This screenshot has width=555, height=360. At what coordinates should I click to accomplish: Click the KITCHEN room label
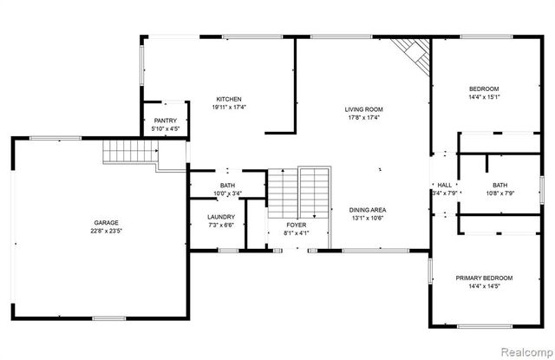pos(229,99)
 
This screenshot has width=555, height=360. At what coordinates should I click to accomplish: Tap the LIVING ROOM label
pos(364,109)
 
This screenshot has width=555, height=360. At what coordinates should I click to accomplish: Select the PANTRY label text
pos(166,121)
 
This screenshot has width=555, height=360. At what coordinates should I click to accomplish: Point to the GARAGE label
pos(107,223)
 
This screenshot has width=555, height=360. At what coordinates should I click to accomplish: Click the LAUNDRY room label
pos(221,217)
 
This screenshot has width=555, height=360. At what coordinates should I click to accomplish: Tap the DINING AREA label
pos(368,210)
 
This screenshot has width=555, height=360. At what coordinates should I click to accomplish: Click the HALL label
pos(444,185)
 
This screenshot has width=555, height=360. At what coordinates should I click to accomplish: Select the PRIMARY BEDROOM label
pos(484,278)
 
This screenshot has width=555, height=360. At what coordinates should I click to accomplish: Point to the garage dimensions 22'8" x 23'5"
pos(107,232)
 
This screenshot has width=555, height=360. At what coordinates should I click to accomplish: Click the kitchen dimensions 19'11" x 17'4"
pos(229,108)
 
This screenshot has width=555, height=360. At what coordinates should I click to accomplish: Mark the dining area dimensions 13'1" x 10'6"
pos(368,219)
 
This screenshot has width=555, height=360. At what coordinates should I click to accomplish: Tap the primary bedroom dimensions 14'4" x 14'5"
pos(484,286)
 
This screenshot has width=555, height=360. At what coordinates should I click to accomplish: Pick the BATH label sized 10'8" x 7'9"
pos(500,185)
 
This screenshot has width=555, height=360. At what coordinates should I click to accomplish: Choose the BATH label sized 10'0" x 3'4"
pos(227,186)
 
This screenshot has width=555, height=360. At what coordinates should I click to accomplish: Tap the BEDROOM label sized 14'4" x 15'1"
pos(484,88)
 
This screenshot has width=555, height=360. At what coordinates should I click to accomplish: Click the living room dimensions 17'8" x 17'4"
pos(364,118)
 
